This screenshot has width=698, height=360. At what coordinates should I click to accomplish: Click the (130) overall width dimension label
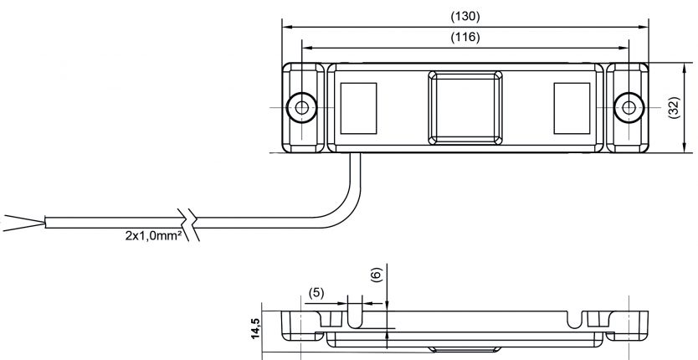(465, 16)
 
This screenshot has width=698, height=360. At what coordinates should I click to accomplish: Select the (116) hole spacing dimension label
(465, 38)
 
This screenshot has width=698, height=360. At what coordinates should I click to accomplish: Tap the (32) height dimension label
(674, 108)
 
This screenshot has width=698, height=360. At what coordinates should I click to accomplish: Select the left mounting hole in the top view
(300, 108)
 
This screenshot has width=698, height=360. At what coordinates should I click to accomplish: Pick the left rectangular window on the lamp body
(358, 108)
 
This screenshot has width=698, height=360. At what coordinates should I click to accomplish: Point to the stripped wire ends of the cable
(21, 223)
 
